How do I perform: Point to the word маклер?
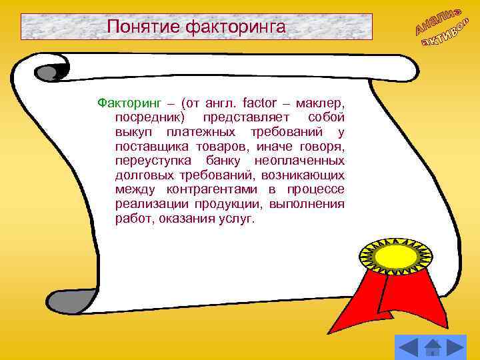(x=321, y=103)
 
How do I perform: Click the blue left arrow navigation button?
(x=408, y=346)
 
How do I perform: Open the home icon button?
(x=433, y=346)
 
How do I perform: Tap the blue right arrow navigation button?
(x=456, y=346)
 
